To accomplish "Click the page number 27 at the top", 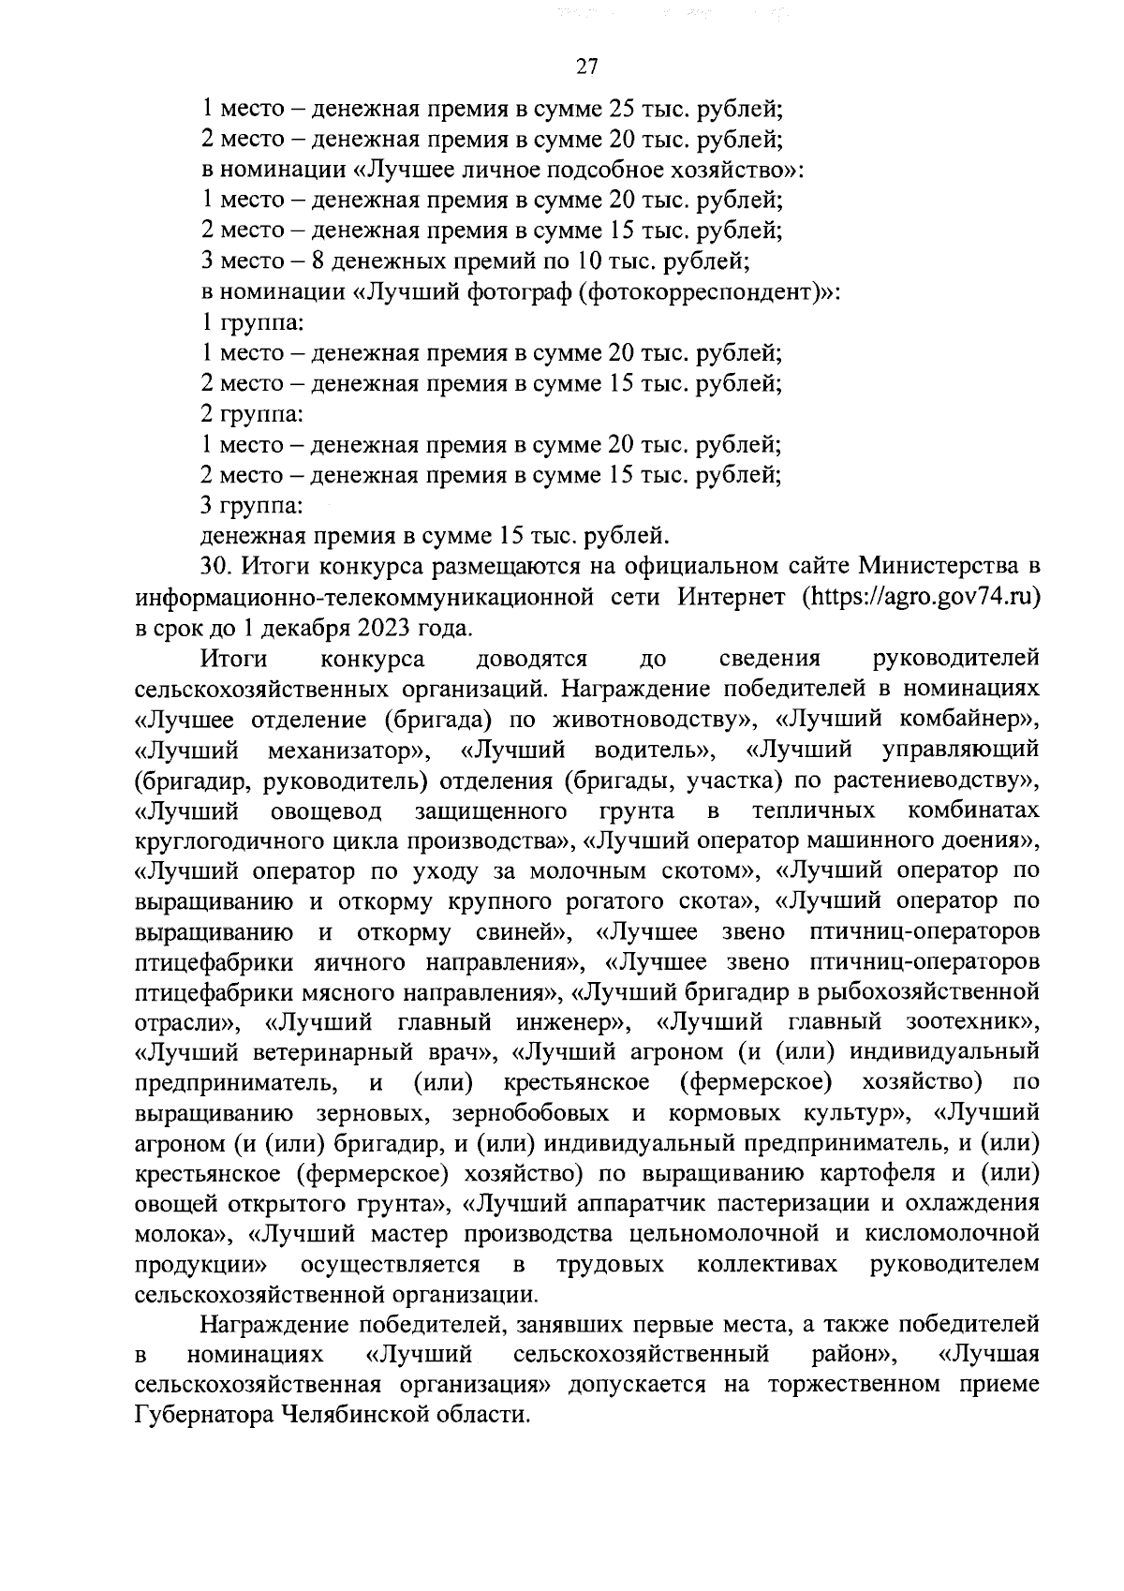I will (x=586, y=66).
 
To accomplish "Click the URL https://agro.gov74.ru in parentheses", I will (x=922, y=597).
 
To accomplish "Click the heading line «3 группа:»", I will (x=252, y=506).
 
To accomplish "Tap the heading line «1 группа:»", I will (x=252, y=323).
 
